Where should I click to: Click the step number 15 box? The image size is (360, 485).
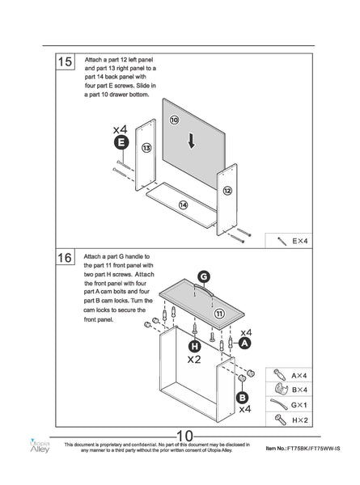[65, 61]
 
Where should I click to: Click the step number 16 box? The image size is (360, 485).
[65, 257]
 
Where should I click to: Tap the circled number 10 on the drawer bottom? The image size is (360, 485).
[174, 120]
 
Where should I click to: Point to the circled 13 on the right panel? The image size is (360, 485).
[146, 148]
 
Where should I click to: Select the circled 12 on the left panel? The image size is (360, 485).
[227, 191]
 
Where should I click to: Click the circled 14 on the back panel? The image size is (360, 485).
[184, 205]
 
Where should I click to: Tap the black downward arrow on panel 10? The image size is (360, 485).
[191, 141]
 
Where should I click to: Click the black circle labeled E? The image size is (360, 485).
[121, 142]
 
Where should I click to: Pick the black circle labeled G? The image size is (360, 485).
[204, 276]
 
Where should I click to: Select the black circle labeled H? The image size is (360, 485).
[195, 346]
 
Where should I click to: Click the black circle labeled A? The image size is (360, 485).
[244, 343]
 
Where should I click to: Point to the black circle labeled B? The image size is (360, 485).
[243, 398]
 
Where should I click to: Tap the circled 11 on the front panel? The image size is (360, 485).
[219, 314]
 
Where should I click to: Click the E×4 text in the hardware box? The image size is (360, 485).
[300, 241]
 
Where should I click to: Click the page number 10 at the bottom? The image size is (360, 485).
[184, 436]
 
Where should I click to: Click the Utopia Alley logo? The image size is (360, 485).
[40, 445]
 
